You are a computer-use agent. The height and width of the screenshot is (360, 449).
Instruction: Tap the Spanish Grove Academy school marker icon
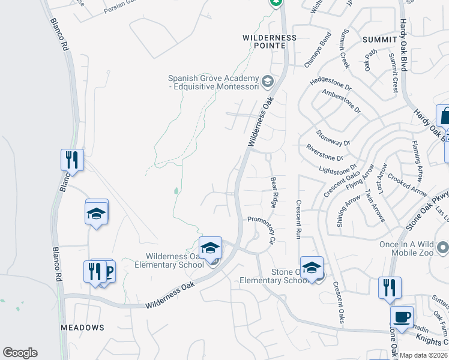[267, 80]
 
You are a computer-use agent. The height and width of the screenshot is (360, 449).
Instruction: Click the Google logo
[20, 353]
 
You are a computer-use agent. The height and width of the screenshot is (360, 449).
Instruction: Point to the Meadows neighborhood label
[82, 328]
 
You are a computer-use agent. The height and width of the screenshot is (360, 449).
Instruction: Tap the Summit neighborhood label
[380, 39]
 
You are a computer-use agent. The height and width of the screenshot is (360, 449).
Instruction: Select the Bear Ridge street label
[274, 192]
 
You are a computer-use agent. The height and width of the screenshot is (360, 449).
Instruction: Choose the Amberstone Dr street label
[341, 101]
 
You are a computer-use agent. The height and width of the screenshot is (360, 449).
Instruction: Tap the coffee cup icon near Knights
[402, 316]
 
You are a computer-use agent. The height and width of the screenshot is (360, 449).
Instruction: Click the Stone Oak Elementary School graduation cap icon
[312, 268]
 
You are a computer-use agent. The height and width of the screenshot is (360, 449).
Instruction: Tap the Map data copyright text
[423, 355]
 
